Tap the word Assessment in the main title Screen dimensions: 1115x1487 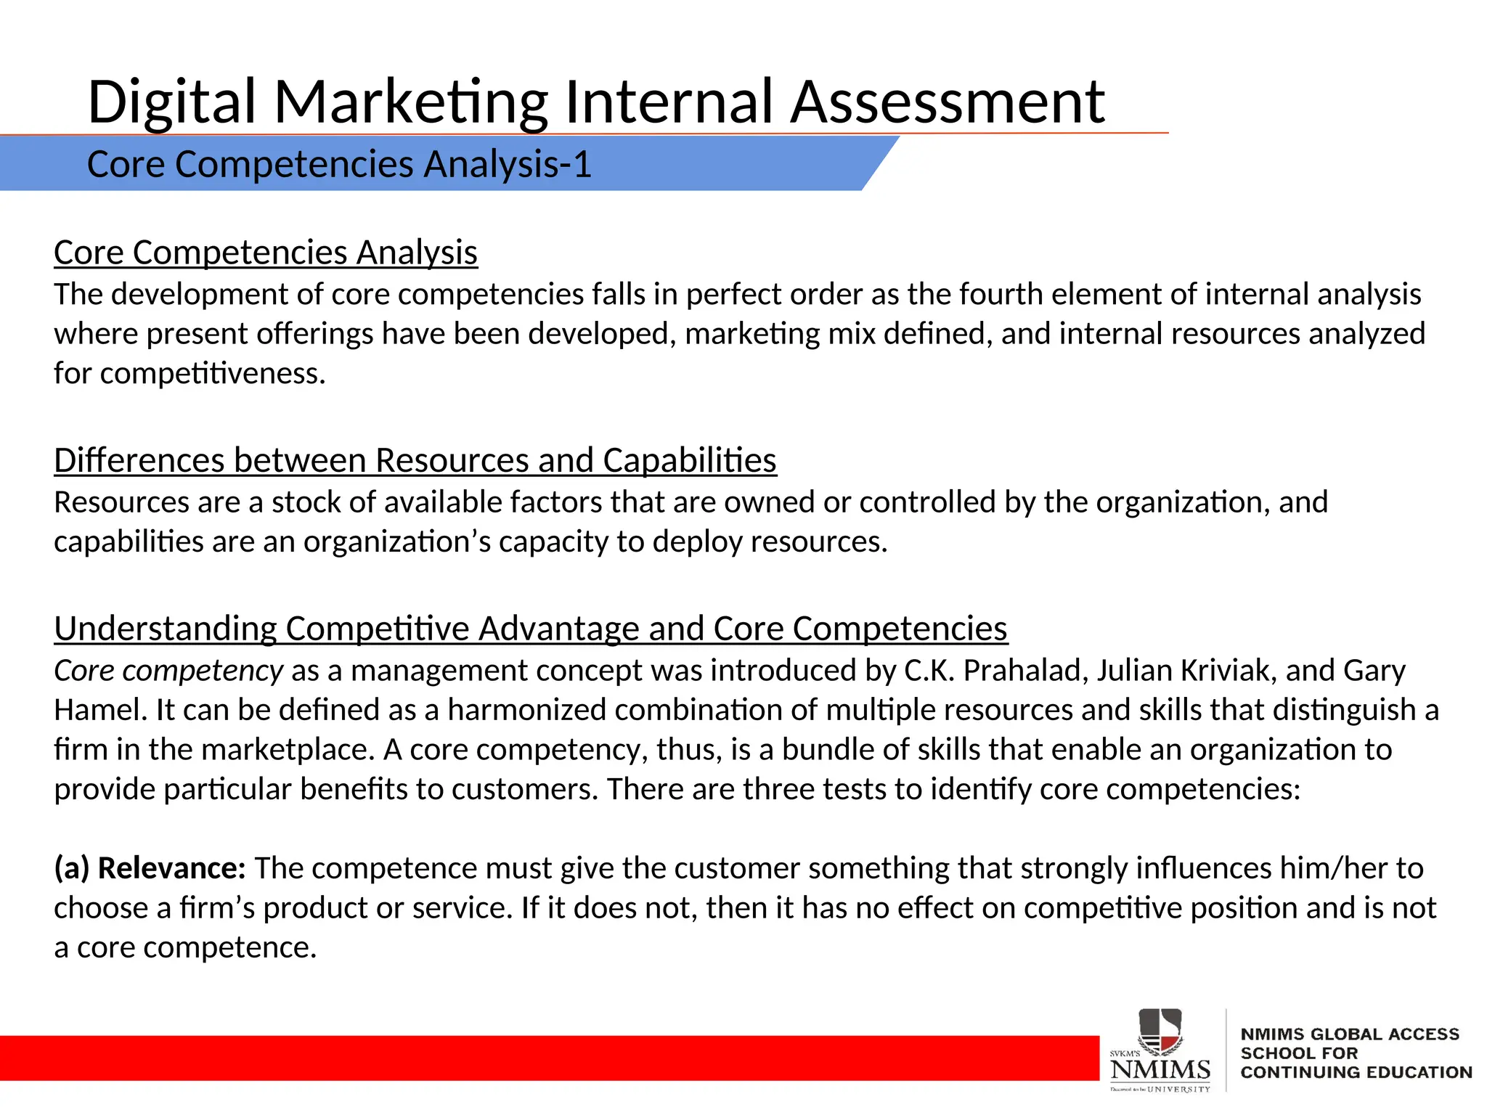coord(947,102)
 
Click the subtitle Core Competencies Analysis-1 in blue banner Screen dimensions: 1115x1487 coord(339,164)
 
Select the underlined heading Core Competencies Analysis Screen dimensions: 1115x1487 coord(266,253)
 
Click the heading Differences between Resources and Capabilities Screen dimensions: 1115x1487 coord(415,460)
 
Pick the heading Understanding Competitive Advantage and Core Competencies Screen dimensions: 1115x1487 coord(531,629)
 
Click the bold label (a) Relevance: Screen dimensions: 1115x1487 coord(150,868)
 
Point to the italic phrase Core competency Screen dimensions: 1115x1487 coord(168,671)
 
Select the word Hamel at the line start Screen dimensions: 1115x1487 coord(100,710)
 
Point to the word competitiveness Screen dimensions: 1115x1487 coord(213,374)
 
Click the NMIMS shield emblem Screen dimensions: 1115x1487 coord(1160,1031)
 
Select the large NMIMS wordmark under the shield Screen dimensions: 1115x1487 coord(1160,1069)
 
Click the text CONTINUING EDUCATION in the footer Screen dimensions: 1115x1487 coord(1356,1072)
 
